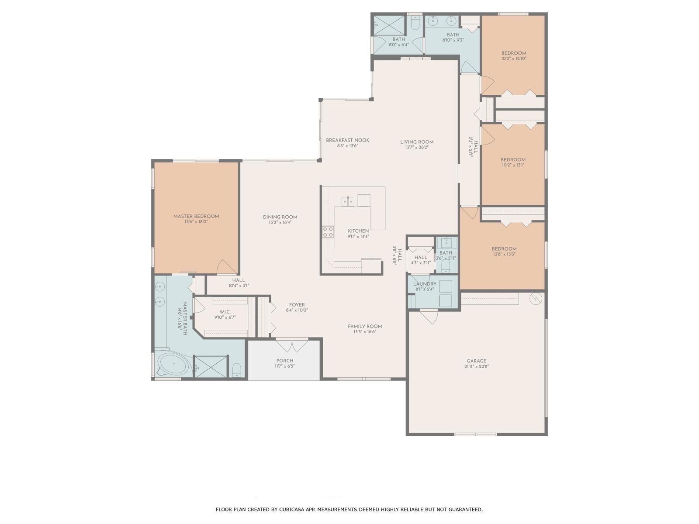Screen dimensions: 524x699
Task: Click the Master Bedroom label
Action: (x=196, y=216)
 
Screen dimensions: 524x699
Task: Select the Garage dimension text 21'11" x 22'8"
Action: (x=477, y=367)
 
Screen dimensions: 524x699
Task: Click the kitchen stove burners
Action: (x=328, y=232)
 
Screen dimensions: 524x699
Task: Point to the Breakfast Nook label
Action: (x=348, y=140)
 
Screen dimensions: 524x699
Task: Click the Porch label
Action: (x=285, y=361)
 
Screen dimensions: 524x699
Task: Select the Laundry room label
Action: (x=425, y=284)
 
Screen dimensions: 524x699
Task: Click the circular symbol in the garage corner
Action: (x=535, y=299)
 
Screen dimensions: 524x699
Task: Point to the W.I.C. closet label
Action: (x=225, y=312)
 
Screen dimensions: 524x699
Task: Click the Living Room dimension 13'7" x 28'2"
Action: (x=417, y=148)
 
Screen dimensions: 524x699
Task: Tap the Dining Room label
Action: (x=280, y=217)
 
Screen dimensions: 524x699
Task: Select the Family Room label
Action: (x=365, y=326)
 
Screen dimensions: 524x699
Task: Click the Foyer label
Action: (x=297, y=305)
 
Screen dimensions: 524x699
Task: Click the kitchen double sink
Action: (x=348, y=201)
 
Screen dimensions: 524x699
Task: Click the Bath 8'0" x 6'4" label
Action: (x=399, y=39)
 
